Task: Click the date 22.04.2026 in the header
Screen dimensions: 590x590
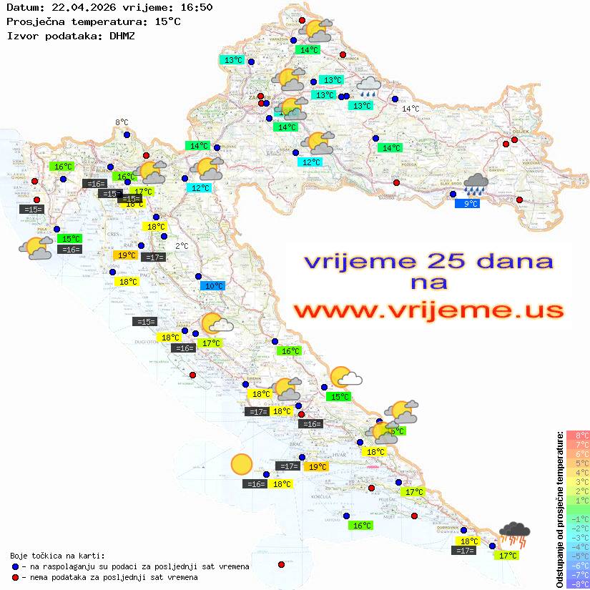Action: (78, 8)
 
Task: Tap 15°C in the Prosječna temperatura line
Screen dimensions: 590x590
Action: (167, 21)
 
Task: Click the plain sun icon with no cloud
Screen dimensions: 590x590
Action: (242, 466)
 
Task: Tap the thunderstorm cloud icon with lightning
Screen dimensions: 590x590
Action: (515, 534)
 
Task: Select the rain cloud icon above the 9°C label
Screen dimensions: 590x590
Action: (476, 185)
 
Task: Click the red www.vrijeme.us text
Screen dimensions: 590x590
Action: (428, 311)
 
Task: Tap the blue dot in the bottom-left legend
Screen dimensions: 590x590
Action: (15, 566)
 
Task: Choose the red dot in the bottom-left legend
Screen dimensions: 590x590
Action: (15, 577)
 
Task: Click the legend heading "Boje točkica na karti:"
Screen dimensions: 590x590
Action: (57, 555)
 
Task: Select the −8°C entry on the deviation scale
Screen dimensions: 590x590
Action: (578, 584)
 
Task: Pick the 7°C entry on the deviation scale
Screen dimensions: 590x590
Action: (578, 444)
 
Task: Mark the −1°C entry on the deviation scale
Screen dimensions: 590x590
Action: (578, 518)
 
